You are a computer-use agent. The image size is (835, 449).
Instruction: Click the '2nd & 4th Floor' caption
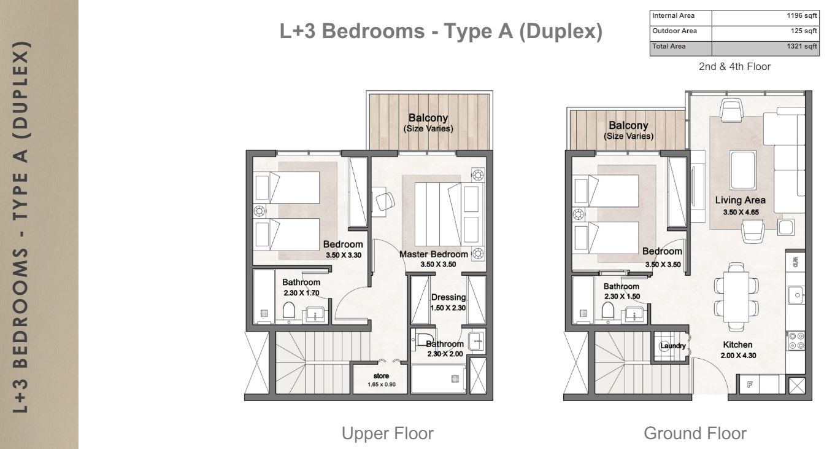734,67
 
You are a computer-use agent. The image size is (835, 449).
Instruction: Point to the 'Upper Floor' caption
387,434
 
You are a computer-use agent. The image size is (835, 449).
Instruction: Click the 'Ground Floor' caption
695,434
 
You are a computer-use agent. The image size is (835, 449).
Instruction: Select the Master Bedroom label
433,254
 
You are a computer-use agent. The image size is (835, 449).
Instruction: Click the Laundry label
673,346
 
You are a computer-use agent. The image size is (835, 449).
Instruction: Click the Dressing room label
448,297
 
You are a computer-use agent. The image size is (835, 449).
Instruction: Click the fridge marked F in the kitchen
750,385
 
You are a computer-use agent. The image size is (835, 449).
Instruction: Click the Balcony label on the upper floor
428,118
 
